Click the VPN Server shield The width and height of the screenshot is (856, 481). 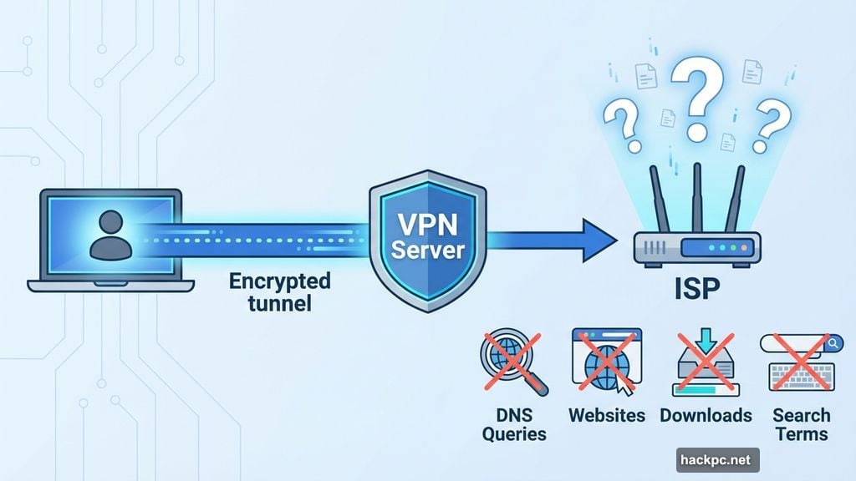pyautogui.click(x=427, y=238)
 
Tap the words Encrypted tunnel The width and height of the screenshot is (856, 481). pyautogui.click(x=280, y=291)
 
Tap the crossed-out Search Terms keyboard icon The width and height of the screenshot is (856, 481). pyautogui.click(x=800, y=362)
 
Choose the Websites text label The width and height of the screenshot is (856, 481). pyautogui.click(x=607, y=415)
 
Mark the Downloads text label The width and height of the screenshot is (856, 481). pyautogui.click(x=706, y=415)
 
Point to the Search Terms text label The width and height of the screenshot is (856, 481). pyautogui.click(x=800, y=424)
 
